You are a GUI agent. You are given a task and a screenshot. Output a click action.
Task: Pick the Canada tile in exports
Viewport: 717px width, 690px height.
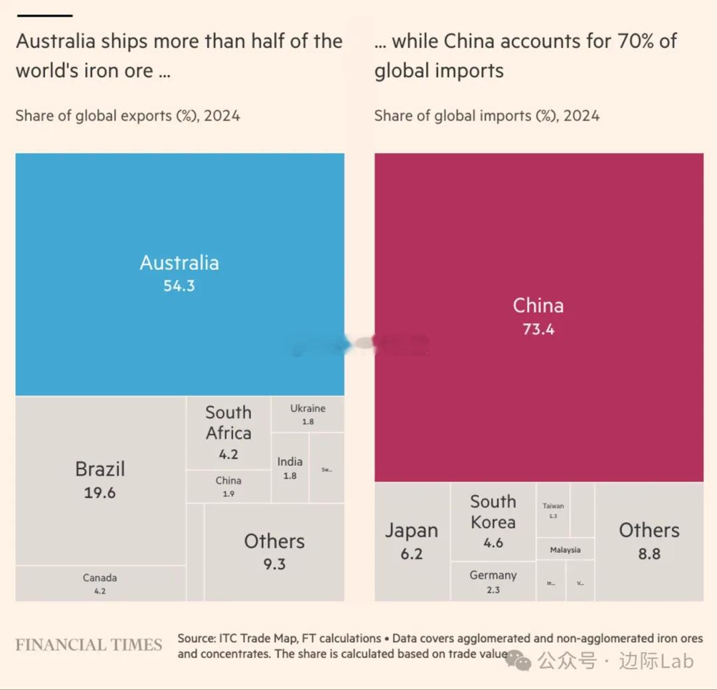click(100, 583)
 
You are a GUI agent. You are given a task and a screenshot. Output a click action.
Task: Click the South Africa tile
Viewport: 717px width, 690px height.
click(228, 432)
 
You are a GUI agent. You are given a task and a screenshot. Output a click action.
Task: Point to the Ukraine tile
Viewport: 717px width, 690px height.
click(308, 414)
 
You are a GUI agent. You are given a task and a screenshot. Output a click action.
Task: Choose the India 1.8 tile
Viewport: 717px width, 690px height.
click(290, 468)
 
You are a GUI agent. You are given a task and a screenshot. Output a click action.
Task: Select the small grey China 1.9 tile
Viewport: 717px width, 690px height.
click(228, 486)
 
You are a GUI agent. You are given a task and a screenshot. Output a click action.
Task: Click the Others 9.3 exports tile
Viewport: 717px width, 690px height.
click(274, 551)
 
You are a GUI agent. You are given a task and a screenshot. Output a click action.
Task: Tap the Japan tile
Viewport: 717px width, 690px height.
click(412, 541)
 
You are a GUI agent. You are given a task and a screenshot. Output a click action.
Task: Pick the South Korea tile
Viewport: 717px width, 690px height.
click(493, 521)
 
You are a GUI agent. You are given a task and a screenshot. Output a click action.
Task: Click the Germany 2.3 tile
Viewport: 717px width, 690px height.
click(493, 581)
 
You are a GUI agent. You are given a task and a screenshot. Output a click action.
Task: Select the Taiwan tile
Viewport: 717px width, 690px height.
click(553, 510)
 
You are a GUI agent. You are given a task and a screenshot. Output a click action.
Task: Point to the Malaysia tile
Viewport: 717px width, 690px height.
click(565, 549)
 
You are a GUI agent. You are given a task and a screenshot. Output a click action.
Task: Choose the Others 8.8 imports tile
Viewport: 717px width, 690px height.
click(649, 541)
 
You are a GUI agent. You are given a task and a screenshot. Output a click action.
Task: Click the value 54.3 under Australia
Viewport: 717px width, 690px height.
click(179, 286)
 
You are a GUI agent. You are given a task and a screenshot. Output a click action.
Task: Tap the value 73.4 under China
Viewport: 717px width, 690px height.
click(538, 329)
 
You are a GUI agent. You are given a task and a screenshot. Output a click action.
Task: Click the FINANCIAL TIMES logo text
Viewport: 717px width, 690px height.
click(89, 645)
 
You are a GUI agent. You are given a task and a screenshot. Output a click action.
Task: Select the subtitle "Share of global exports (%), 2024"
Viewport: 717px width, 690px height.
click(128, 116)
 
